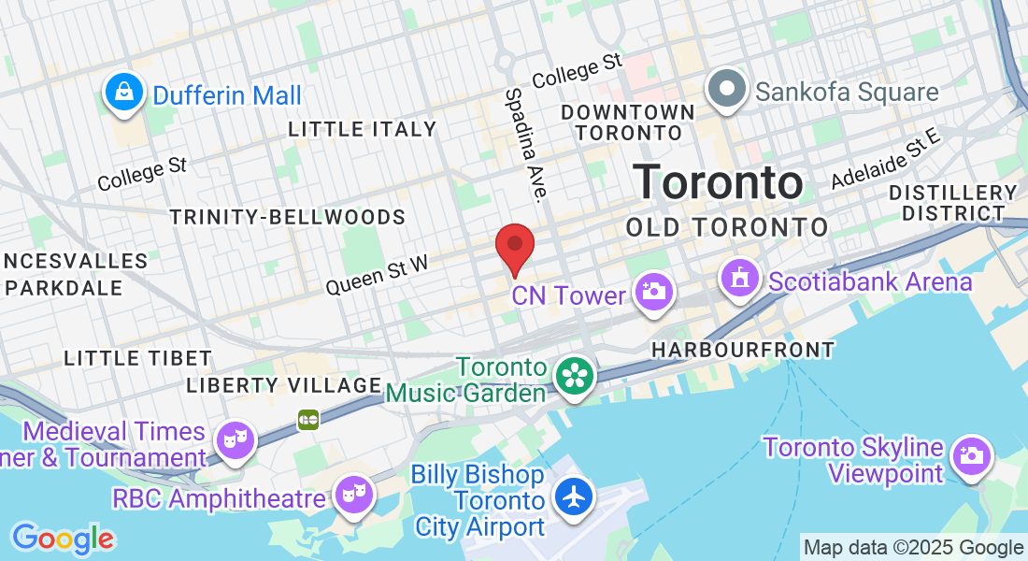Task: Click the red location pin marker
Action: click(514, 246)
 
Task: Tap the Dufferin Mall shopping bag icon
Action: click(123, 93)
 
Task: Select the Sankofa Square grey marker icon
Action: click(726, 90)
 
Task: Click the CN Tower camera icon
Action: click(653, 291)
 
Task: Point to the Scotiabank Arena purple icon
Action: click(739, 279)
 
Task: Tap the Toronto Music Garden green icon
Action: click(574, 377)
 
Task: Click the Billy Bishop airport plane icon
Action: click(573, 496)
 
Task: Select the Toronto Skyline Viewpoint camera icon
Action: click(971, 456)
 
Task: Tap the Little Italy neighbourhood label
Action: click(362, 129)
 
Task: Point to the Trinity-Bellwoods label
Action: click(287, 218)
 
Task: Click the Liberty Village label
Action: click(284, 385)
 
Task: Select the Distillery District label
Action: click(952, 203)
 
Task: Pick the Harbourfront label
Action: click(742, 350)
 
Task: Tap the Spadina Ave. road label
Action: click(525, 146)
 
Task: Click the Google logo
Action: click(63, 539)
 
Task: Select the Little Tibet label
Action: click(137, 358)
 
